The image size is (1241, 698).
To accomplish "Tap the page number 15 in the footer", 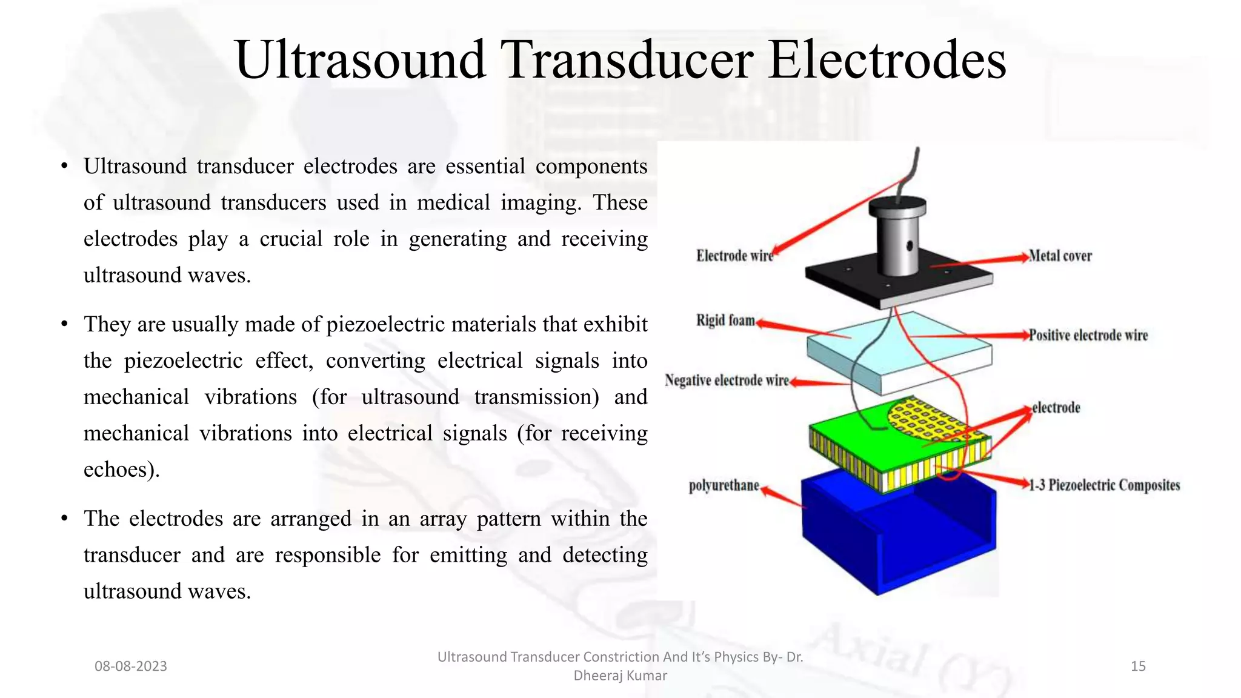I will pyautogui.click(x=1138, y=666).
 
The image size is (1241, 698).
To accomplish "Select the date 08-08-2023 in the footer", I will pyautogui.click(x=131, y=666).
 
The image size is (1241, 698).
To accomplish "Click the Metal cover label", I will pyautogui.click(x=1060, y=256).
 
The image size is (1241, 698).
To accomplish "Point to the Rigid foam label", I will pyautogui.click(x=725, y=320).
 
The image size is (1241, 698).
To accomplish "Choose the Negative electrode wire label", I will pyautogui.click(x=727, y=381).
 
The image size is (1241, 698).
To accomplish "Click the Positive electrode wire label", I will pyautogui.click(x=1088, y=335).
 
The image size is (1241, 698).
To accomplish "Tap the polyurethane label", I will pyautogui.click(x=724, y=485).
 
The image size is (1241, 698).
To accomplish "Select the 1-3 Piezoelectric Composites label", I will pyautogui.click(x=1105, y=485).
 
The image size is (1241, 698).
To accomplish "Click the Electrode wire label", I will pyautogui.click(x=734, y=256).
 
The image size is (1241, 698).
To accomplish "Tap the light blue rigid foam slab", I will pyautogui.click(x=900, y=351).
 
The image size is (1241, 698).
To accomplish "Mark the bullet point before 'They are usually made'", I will pyautogui.click(x=64, y=324).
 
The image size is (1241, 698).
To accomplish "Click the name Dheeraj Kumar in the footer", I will pyautogui.click(x=620, y=675).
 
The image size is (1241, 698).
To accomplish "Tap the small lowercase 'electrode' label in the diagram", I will pyautogui.click(x=1056, y=407).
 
